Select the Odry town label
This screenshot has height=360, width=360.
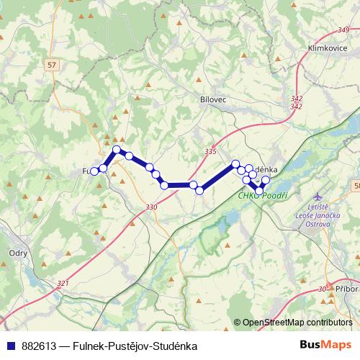click(x=17, y=253)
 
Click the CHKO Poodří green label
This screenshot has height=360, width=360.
click(x=264, y=195)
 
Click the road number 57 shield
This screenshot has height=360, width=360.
click(x=50, y=65)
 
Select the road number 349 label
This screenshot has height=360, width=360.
click(x=342, y=30)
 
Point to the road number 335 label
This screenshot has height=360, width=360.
click(x=210, y=151)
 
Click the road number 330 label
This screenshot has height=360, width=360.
click(x=150, y=208)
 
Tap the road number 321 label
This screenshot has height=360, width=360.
click(x=63, y=283)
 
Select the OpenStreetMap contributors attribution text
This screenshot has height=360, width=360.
click(x=297, y=323)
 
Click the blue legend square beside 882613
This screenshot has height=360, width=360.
click(x=11, y=346)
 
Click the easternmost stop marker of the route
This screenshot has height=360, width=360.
click(x=266, y=179)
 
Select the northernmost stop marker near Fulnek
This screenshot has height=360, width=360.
click(x=117, y=149)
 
